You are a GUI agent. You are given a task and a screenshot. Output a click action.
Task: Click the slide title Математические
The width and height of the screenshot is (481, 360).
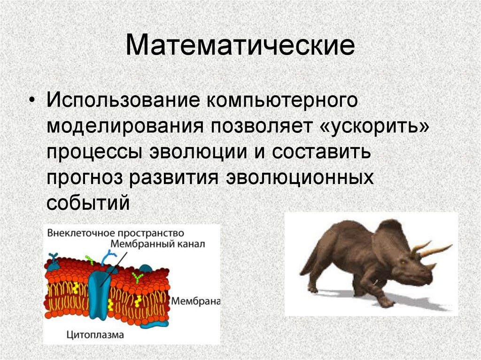click(x=240, y=46)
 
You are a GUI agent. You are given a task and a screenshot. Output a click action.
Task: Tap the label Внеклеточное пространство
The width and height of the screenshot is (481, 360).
click(x=116, y=233)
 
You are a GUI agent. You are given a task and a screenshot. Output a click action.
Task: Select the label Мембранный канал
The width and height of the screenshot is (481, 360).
click(x=157, y=245)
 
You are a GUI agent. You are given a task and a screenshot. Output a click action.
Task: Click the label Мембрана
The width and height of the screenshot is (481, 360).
click(x=195, y=301)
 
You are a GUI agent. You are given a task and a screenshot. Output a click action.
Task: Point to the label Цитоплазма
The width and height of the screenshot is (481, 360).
click(x=95, y=335)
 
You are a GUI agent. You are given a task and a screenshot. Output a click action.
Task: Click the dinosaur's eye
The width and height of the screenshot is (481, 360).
click(x=403, y=262)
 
